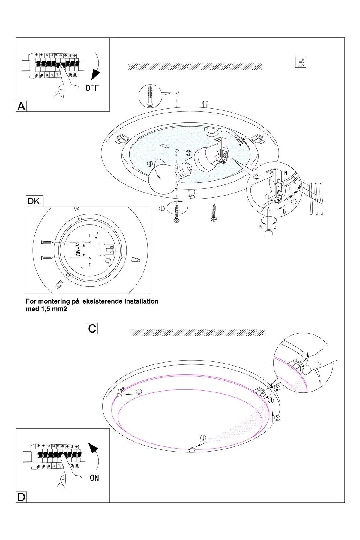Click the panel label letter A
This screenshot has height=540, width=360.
[21, 106]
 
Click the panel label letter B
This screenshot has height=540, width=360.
[301, 62]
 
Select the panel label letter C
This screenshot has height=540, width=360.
[92, 328]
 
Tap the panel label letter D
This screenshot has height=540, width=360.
[21, 497]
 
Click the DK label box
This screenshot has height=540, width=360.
[34, 201]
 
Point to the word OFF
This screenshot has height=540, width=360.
[92, 88]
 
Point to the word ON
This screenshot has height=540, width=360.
[94, 478]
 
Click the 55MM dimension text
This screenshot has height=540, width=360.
[78, 250]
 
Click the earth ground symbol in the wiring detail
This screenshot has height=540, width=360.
[294, 202]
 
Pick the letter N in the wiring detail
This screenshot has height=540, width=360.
[286, 173]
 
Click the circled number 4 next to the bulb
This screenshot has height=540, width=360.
[150, 164]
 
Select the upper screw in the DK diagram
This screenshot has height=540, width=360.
[47, 242]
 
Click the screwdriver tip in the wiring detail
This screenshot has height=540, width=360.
[269, 211]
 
